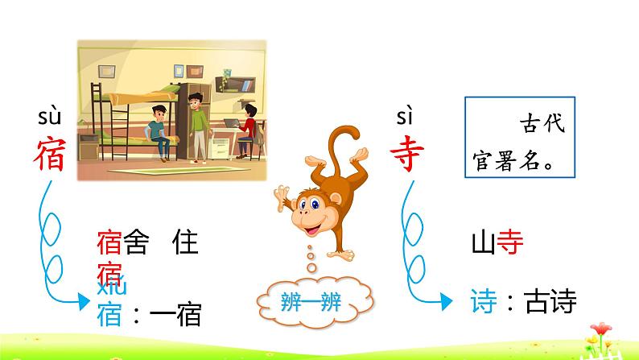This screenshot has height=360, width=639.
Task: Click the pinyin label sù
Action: [52, 120]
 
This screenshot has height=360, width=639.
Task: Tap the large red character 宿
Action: [51, 152]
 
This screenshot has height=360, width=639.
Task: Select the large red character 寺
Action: [406, 152]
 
